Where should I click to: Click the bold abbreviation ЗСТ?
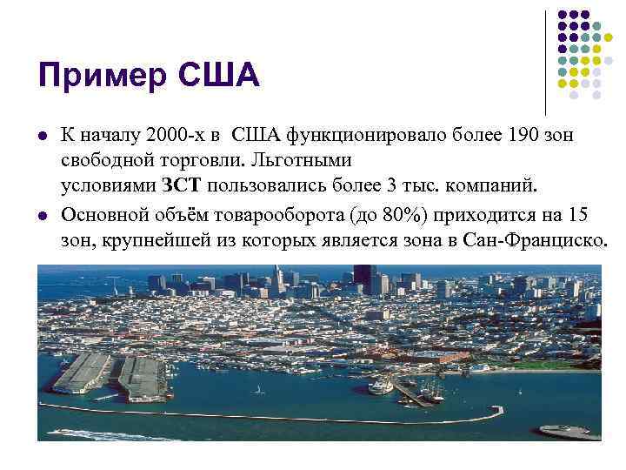point(181,185)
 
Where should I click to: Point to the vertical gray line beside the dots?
point(546,61)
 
